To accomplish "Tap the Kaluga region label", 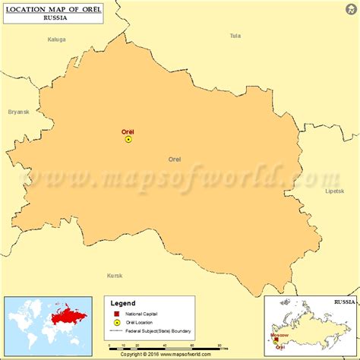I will coord(57,39).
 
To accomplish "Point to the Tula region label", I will coord(235,36).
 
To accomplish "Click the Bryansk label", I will coord(18,112).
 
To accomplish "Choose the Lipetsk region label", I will coord(334,191).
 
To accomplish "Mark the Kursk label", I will coord(115,275).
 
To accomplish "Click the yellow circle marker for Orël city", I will coord(128,140).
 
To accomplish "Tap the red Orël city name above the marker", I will coord(128,131).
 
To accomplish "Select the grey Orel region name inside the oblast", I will coord(175,159).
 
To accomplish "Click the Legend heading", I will coord(124,303).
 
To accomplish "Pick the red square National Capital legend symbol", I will coord(116,314).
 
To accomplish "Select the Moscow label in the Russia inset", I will coord(279,334).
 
